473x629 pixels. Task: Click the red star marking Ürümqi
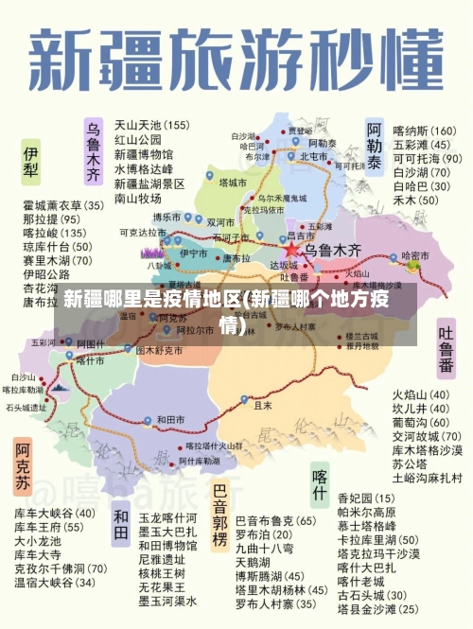[292, 251]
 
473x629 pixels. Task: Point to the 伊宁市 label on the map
[193, 253]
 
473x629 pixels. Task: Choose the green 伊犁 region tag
[31, 162]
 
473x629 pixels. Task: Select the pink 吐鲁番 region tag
[446, 351]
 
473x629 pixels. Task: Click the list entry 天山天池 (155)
[151, 124]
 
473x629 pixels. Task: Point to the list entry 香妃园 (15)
[366, 498]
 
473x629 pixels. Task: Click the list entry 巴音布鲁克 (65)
[275, 520]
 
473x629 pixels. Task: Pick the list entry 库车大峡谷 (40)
[54, 514]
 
